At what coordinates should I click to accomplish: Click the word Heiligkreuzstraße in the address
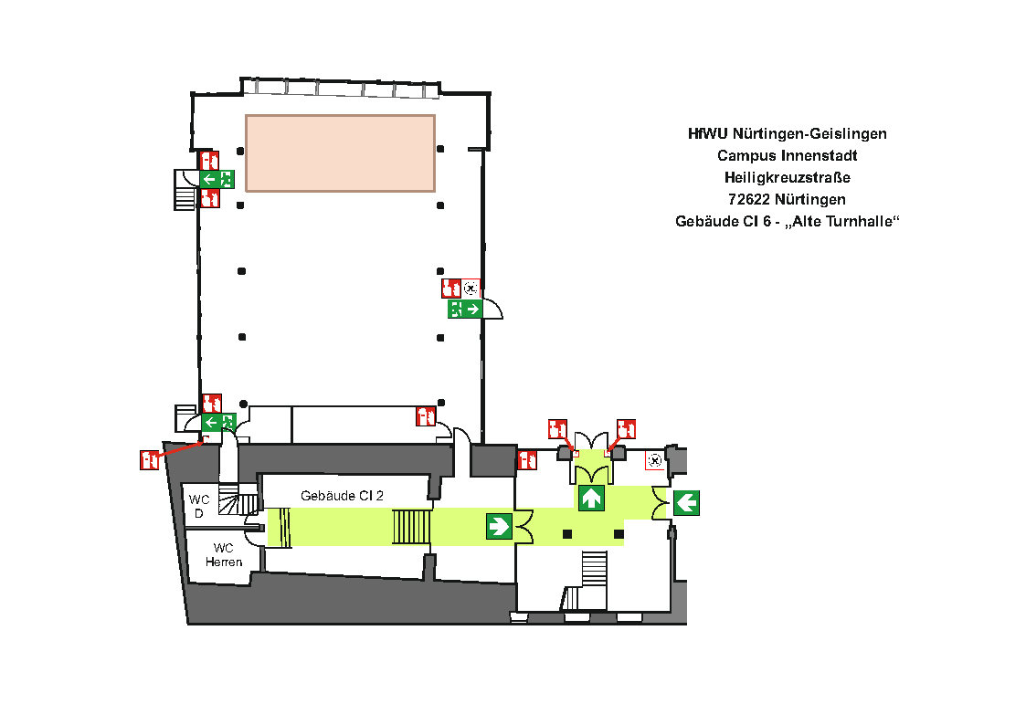[787, 177]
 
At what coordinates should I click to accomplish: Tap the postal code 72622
[746, 199]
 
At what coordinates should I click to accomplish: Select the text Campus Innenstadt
[787, 155]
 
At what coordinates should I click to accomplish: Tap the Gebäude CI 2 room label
[342, 495]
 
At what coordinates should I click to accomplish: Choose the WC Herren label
[224, 554]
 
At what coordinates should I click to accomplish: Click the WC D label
[199, 506]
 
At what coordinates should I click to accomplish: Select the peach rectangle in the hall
[340, 152]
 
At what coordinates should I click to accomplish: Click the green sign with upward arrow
[591, 499]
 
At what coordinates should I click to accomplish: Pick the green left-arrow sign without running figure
[686, 501]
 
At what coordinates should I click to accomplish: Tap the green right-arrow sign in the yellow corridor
[499, 526]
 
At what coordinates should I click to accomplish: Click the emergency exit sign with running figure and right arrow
[466, 309]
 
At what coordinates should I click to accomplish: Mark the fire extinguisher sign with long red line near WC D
[150, 459]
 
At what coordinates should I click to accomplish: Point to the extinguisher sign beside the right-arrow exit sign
[451, 289]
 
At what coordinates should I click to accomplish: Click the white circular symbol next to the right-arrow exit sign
[471, 289]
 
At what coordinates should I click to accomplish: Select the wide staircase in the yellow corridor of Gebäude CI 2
[412, 527]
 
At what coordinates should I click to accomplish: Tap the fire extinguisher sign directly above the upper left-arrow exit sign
[210, 160]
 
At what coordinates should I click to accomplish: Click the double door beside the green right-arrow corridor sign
[524, 527]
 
